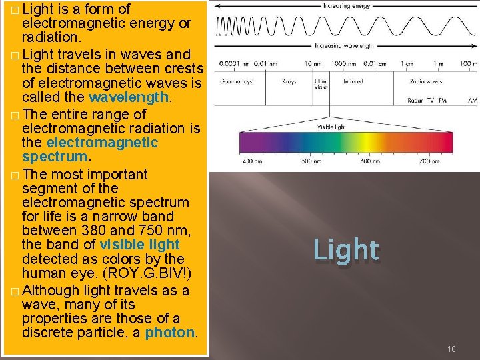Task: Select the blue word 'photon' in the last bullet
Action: click(x=171, y=332)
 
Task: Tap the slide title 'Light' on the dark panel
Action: click(x=346, y=250)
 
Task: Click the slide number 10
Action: click(x=451, y=349)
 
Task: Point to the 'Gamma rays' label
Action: click(x=234, y=81)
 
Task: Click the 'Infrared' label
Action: click(x=353, y=81)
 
